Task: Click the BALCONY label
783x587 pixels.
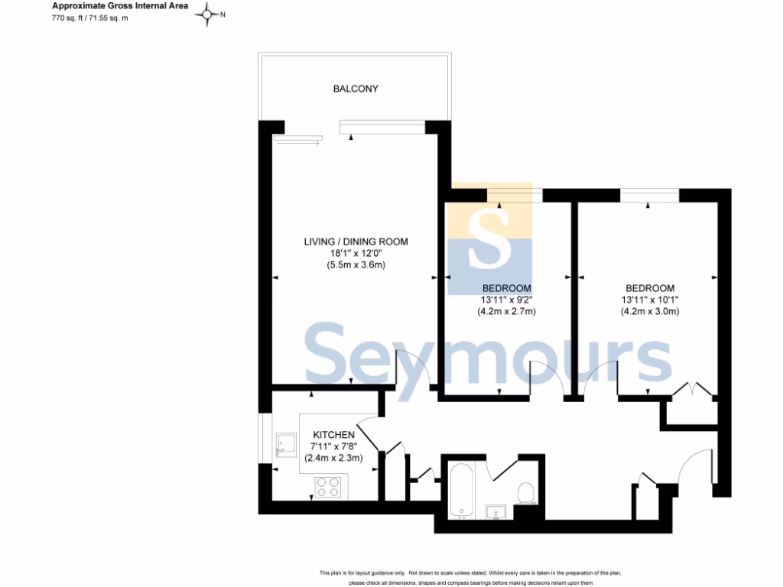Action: point(356,89)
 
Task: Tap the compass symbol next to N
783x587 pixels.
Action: point(207,15)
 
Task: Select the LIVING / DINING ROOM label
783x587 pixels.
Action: point(356,242)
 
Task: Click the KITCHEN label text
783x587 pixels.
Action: point(333,434)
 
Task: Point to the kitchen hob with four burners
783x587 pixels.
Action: point(330,487)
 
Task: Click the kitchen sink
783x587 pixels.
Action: point(286,445)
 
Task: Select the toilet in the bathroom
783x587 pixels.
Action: point(526,493)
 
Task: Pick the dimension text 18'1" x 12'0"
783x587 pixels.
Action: point(356,254)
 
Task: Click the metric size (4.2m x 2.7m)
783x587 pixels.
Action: point(505,311)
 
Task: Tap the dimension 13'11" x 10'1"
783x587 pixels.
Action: point(649,300)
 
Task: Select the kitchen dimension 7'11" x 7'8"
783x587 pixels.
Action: point(333,446)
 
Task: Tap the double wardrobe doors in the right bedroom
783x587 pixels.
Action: point(692,390)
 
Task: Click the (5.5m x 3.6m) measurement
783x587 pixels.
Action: point(356,265)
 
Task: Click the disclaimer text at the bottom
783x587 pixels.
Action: point(469,578)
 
